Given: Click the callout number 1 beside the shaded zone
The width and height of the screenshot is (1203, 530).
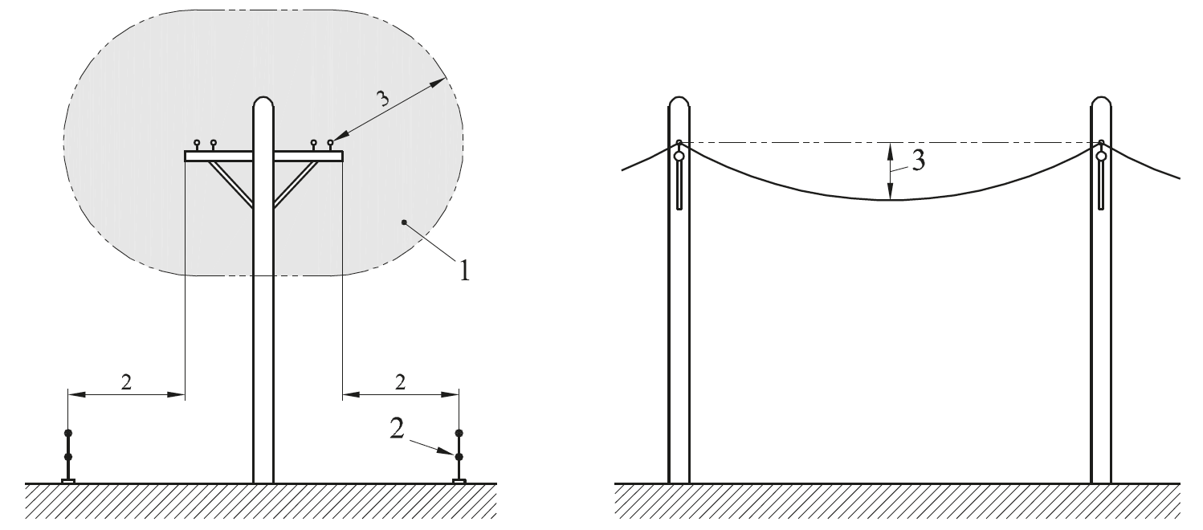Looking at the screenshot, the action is [x=464, y=270].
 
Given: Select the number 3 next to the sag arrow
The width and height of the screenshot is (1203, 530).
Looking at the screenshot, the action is [x=919, y=161].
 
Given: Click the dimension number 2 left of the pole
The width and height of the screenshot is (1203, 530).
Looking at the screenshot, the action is [x=126, y=382].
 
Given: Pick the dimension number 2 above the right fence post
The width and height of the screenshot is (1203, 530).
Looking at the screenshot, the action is [x=400, y=382].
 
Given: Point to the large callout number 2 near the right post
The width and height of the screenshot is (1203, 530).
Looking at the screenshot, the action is [x=397, y=429].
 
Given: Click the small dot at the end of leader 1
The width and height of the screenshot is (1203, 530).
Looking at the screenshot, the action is [x=404, y=222].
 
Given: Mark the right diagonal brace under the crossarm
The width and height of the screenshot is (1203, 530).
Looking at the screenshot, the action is [x=296, y=184].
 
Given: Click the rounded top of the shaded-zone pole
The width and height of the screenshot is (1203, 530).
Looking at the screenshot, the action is [x=263, y=101].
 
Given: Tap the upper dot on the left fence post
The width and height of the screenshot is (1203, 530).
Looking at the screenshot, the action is [x=68, y=433].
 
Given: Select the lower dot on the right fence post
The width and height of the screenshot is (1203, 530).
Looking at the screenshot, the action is [x=459, y=457].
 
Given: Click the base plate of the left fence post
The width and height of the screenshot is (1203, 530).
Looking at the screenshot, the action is [x=68, y=481].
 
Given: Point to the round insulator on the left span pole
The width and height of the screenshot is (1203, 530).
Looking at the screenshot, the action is [x=679, y=157].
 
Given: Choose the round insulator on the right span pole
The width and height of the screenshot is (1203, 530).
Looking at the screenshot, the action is [x=1102, y=157].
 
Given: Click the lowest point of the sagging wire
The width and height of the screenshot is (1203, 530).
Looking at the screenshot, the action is [x=890, y=200].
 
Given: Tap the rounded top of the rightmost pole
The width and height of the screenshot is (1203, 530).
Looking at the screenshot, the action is [x=1101, y=101].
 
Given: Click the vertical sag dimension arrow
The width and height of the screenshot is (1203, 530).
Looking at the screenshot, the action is [x=890, y=171].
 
